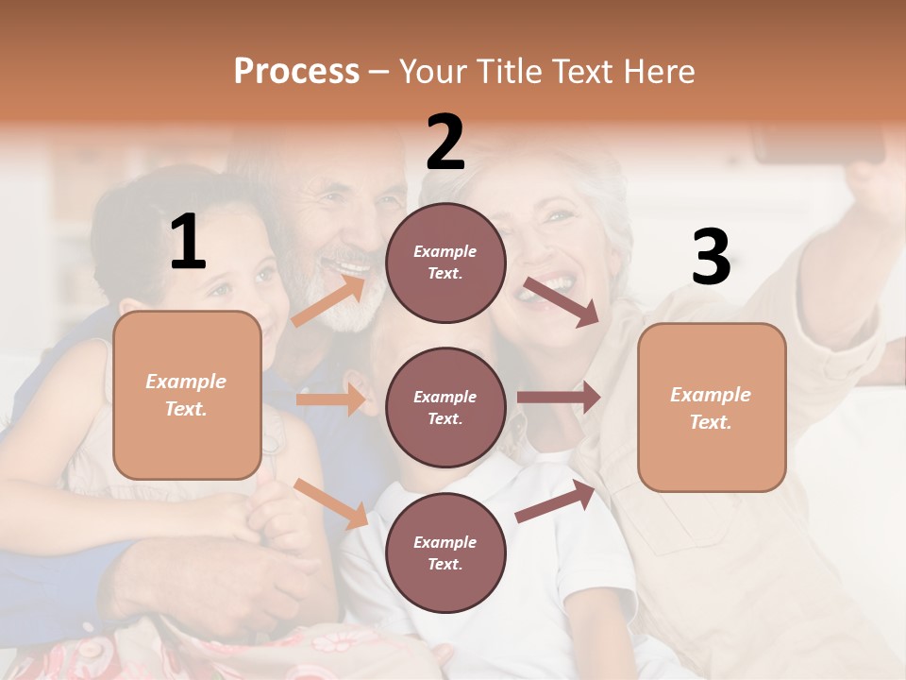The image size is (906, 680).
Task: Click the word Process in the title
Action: [x=296, y=71]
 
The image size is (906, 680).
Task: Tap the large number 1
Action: [x=188, y=243]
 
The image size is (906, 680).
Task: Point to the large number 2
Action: [x=445, y=142]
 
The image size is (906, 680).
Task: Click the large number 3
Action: [x=711, y=258]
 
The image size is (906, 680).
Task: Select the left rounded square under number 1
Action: [x=187, y=395]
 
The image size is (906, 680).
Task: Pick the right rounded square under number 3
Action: [x=712, y=407]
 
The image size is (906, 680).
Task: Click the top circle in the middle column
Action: [x=445, y=263]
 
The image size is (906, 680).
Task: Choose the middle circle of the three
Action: [x=445, y=407]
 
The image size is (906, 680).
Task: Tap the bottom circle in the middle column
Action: [x=445, y=552]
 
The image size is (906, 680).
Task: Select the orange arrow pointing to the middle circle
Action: [x=331, y=399]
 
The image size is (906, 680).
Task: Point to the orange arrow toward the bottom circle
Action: [x=331, y=503]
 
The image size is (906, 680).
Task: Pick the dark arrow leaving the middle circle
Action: [x=559, y=398]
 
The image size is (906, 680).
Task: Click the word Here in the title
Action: [x=658, y=71]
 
